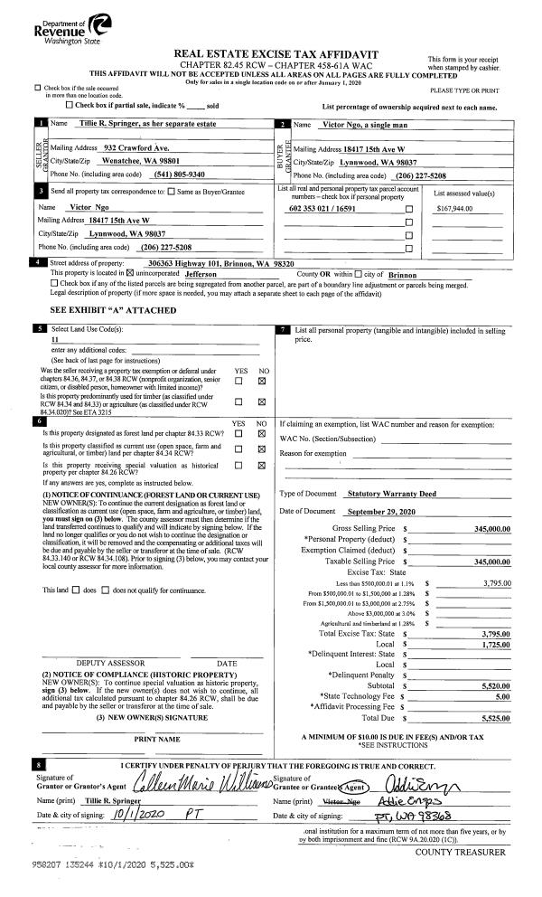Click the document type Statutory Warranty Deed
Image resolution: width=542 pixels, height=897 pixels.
coord(390,494)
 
